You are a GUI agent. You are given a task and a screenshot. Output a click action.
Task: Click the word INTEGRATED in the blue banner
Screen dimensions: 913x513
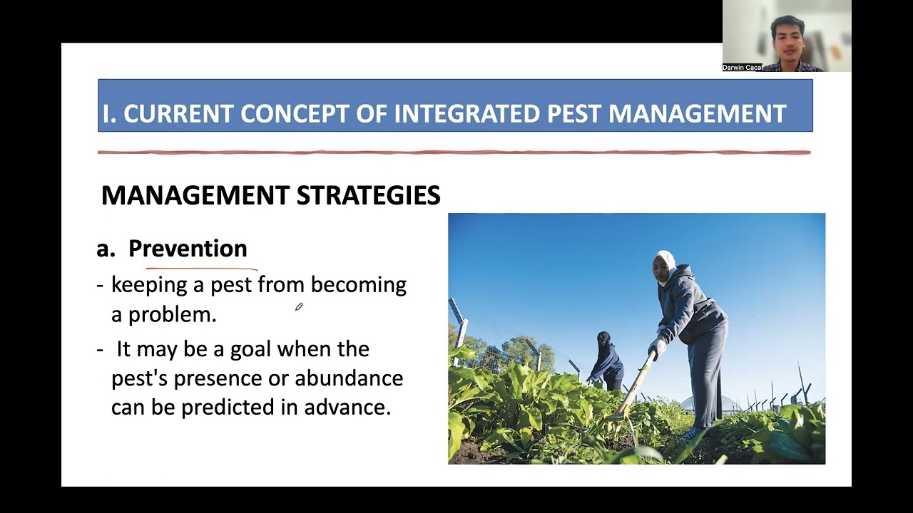pyautogui.click(x=467, y=113)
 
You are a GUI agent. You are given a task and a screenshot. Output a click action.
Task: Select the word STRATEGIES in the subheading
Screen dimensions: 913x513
pyautogui.click(x=369, y=195)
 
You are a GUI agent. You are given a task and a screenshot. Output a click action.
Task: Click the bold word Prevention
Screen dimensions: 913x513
pyautogui.click(x=188, y=249)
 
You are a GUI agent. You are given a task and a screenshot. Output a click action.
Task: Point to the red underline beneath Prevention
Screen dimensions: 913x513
pyautogui.click(x=202, y=269)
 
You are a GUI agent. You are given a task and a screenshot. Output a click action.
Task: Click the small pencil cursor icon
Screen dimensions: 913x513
pyautogui.click(x=299, y=306)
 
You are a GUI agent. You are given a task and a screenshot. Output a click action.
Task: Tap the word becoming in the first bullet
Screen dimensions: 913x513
pyautogui.click(x=359, y=285)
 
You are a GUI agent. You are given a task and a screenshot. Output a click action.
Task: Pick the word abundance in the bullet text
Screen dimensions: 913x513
pyautogui.click(x=349, y=378)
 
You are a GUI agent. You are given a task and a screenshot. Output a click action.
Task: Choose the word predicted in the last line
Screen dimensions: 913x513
pyautogui.click(x=228, y=407)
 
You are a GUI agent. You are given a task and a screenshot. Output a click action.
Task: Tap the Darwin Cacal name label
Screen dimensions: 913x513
pyautogui.click(x=743, y=68)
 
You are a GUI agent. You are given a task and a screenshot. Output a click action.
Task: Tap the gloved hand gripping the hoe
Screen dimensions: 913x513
pyautogui.click(x=657, y=347)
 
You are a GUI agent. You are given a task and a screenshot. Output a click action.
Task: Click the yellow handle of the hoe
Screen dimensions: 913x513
pyautogui.click(x=636, y=383)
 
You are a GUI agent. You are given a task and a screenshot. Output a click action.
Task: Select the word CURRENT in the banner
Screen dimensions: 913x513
pyautogui.click(x=178, y=113)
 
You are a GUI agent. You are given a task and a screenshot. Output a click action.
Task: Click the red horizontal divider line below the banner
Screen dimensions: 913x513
pyautogui.click(x=454, y=152)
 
